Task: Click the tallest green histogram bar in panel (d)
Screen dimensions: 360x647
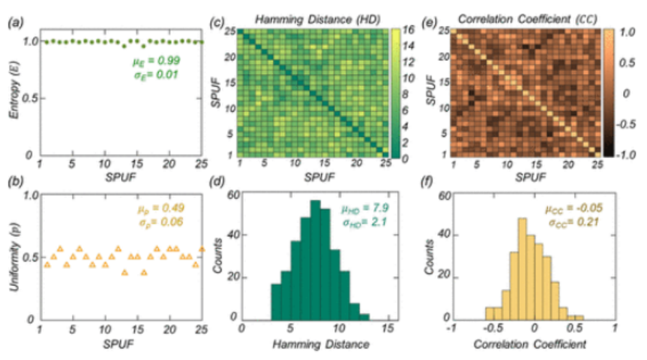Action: (x=315, y=261)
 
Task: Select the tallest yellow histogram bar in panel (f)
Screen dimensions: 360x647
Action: (x=522, y=270)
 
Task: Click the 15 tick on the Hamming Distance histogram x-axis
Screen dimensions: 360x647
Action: (x=387, y=330)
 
